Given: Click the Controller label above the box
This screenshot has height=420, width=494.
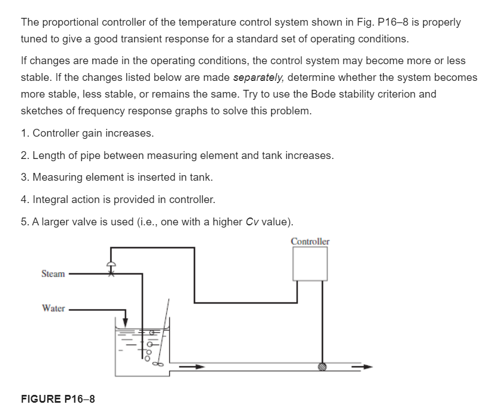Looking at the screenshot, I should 310,242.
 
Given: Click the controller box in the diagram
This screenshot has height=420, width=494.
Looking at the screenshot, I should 310,264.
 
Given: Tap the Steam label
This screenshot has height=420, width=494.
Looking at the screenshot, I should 53,274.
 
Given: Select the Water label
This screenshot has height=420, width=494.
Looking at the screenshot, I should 53,308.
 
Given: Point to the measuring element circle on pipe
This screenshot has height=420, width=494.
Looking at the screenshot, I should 322,367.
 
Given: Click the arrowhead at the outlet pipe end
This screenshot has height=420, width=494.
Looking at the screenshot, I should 367,367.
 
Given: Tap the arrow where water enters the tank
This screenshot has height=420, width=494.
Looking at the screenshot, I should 125,322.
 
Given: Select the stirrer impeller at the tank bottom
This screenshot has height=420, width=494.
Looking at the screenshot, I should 157,365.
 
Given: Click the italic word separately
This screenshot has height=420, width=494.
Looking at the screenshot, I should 257,77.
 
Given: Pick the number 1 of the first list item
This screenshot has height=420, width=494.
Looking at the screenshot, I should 23,133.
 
